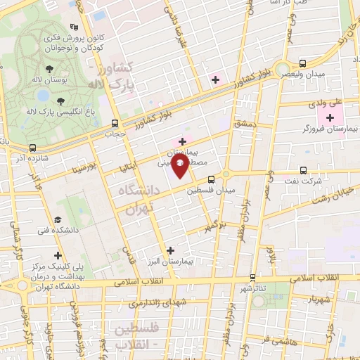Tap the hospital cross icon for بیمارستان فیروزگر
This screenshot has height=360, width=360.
point(329,116)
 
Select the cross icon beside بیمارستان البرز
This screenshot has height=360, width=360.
point(170,250)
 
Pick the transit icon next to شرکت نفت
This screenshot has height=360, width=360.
point(303,170)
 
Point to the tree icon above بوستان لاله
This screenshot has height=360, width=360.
point(49,69)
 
